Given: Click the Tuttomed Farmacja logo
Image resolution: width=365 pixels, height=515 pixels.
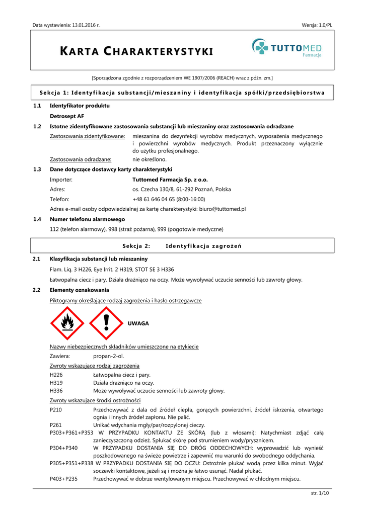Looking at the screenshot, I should (286, 49).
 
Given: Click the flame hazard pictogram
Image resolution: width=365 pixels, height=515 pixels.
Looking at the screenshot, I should (67, 323).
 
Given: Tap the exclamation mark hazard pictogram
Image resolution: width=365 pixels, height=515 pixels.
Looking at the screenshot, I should (106, 323).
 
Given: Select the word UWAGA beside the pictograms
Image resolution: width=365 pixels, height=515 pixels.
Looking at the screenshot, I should (138, 323).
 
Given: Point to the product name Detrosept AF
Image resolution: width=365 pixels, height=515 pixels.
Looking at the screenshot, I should (67, 116).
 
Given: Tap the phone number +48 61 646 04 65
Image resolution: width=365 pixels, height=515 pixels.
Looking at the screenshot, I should (155, 199).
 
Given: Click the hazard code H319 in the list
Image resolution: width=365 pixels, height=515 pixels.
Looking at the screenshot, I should (56, 383).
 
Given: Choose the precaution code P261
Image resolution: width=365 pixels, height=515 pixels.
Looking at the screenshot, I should (56, 425).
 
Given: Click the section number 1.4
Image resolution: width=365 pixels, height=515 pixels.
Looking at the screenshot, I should (37, 219).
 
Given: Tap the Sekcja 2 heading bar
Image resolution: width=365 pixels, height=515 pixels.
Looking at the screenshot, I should (182, 246).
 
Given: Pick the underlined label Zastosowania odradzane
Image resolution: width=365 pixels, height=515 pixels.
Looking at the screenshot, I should (81, 159).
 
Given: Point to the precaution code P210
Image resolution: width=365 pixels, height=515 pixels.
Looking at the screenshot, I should (56, 410).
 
